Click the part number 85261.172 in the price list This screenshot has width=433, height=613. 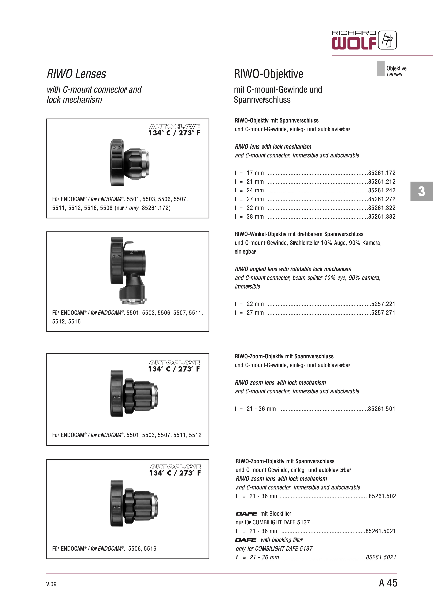[382, 173]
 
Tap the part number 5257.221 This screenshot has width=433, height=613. [383, 304]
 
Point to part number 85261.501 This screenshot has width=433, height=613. [382, 409]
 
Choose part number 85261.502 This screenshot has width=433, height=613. [382, 496]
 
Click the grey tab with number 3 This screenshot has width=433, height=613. [421, 191]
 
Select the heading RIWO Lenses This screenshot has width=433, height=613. [76, 74]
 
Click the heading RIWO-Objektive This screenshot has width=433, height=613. [268, 74]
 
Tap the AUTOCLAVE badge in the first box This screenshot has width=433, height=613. [175, 130]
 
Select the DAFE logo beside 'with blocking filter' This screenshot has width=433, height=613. [246, 540]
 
